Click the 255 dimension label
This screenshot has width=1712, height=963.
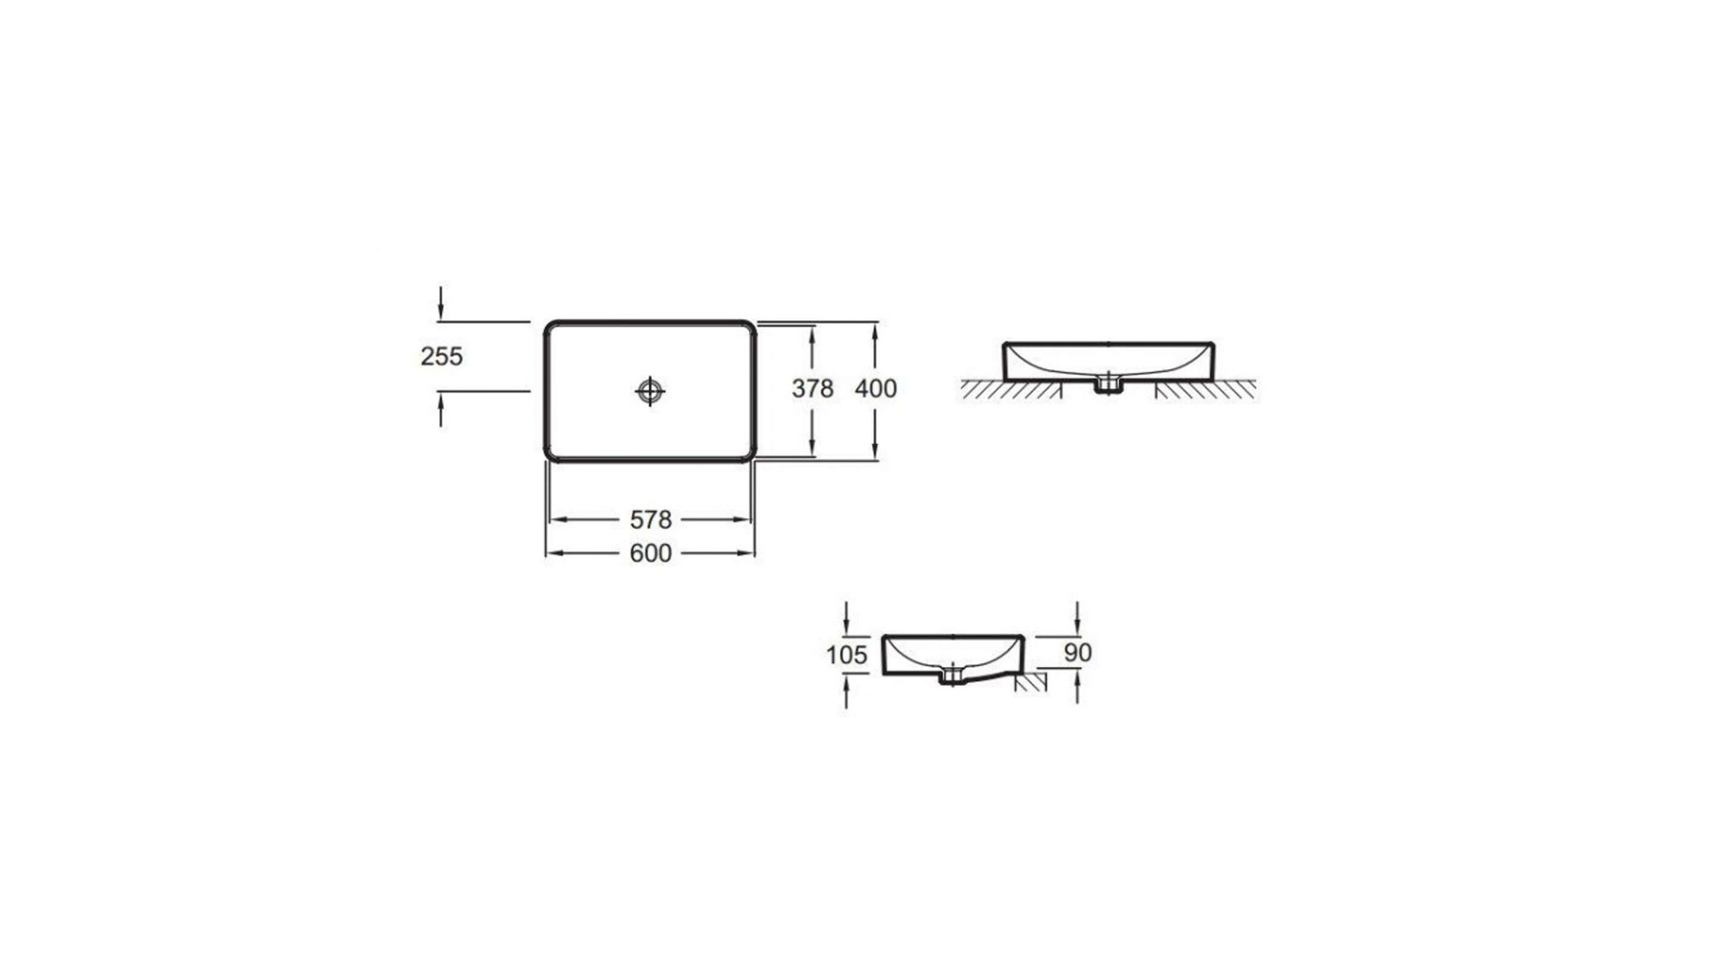(441, 357)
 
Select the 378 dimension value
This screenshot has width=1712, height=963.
(812, 389)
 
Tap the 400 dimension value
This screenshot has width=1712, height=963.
(876, 389)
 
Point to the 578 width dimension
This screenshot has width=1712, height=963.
(651, 520)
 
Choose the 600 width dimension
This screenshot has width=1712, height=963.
(651, 554)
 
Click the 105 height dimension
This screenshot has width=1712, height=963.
(846, 655)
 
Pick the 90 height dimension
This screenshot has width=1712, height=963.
(1078, 653)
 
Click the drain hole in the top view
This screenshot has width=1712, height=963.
(650, 391)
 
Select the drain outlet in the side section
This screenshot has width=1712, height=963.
(952, 676)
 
